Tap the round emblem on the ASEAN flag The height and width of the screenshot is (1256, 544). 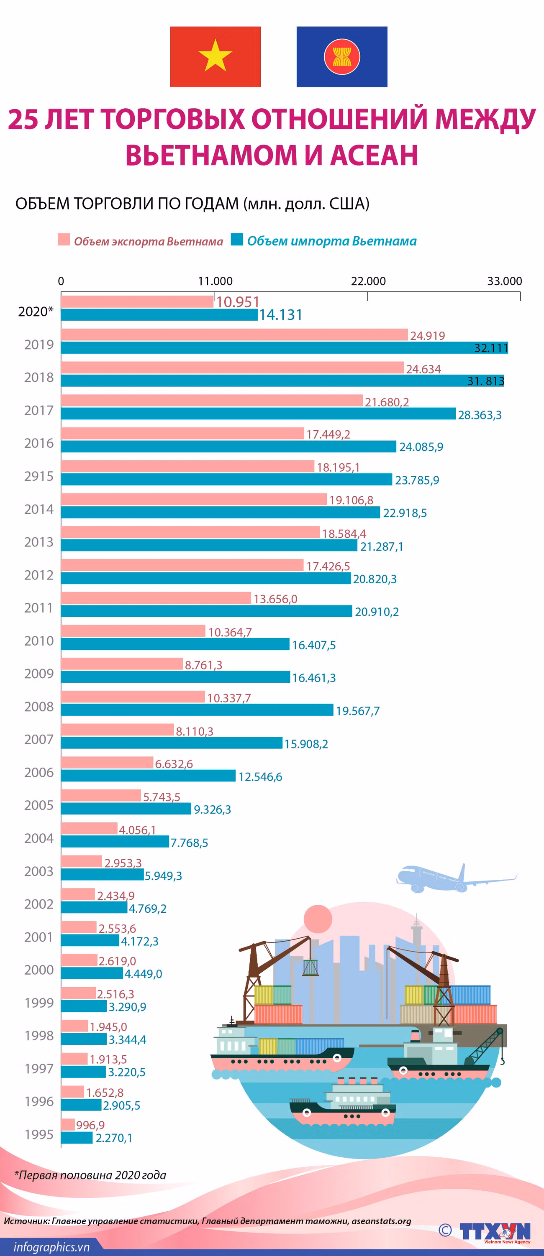[342, 56]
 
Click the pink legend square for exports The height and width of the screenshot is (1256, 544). [64, 240]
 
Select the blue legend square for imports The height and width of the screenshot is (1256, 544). [237, 240]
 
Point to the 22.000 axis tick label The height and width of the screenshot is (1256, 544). [368, 281]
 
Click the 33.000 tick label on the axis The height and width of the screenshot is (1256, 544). [505, 281]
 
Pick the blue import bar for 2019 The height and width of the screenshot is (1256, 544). [285, 347]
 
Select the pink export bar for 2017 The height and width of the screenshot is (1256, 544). [212, 400]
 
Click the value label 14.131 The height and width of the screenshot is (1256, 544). [280, 315]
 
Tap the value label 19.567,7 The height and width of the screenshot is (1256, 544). [358, 711]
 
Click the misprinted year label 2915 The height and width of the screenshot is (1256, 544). [39, 476]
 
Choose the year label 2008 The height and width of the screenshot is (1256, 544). [39, 707]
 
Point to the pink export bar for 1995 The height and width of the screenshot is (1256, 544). [68, 1124]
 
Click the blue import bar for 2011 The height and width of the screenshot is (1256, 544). [206, 611]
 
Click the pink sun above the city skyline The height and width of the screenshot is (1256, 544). [318, 919]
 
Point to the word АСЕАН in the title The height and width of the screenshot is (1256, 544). [374, 155]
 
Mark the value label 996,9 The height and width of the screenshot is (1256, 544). [90, 1125]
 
